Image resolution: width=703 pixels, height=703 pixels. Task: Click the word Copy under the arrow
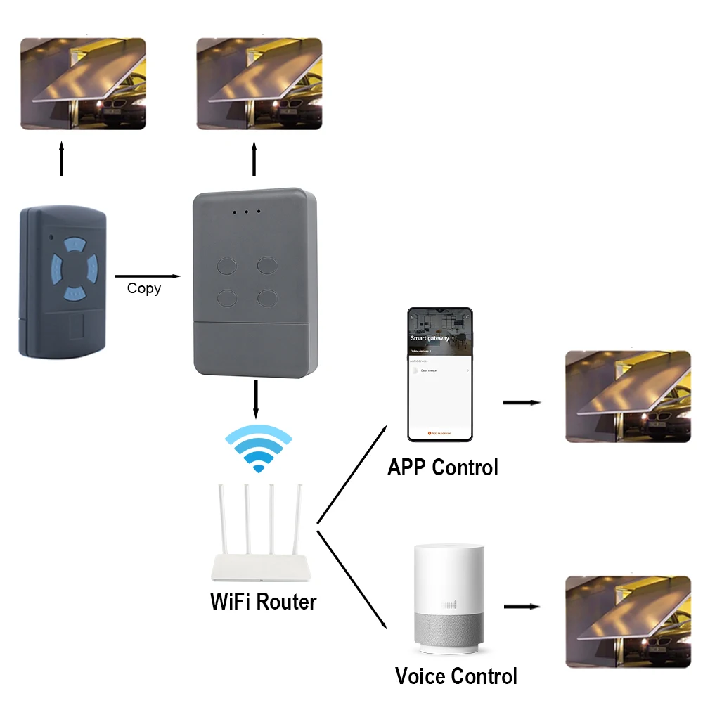(x=144, y=288)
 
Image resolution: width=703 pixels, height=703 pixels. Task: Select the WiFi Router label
(x=264, y=602)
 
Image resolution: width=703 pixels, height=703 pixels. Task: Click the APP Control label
(x=442, y=467)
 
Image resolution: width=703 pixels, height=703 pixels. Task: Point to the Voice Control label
(x=456, y=676)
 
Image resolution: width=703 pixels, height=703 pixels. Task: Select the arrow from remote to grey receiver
(x=147, y=276)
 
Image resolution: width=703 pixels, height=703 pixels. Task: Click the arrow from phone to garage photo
(x=522, y=403)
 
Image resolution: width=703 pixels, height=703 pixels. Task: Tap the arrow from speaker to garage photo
(x=522, y=606)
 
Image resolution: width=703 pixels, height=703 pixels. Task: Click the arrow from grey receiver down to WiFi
(x=255, y=399)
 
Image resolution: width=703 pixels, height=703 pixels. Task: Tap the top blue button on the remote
(x=73, y=246)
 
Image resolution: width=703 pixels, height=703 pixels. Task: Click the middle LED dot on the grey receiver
(x=247, y=211)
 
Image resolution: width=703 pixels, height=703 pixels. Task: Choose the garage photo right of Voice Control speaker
(x=628, y=620)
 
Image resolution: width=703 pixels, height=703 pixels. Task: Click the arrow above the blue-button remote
(x=62, y=158)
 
